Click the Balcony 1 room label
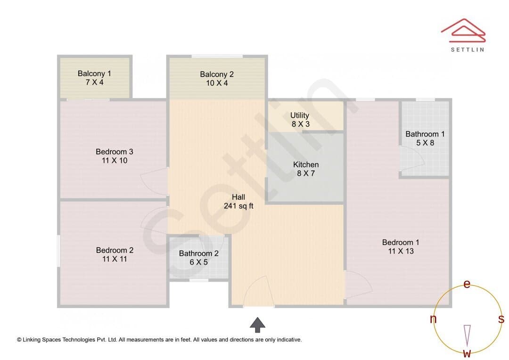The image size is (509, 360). (94, 74)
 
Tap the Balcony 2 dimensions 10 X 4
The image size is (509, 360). (217, 83)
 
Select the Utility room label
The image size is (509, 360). (300, 115)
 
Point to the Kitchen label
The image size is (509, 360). (306, 164)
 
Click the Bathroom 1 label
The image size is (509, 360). (425, 134)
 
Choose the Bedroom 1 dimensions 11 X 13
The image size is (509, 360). (401, 251)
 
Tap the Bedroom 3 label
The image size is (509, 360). (114, 152)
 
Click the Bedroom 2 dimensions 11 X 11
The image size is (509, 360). (115, 259)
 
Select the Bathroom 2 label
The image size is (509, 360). (199, 254)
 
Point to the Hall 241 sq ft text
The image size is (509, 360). (238, 202)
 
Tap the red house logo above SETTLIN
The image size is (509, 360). (463, 31)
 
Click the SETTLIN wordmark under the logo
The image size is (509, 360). (468, 49)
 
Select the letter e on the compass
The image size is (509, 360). (467, 284)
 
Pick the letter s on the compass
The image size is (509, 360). (501, 319)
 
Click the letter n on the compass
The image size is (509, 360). (433, 319)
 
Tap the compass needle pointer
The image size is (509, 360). (467, 335)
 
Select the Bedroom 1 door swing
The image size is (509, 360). (358, 284)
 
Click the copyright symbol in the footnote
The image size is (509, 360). (19, 340)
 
